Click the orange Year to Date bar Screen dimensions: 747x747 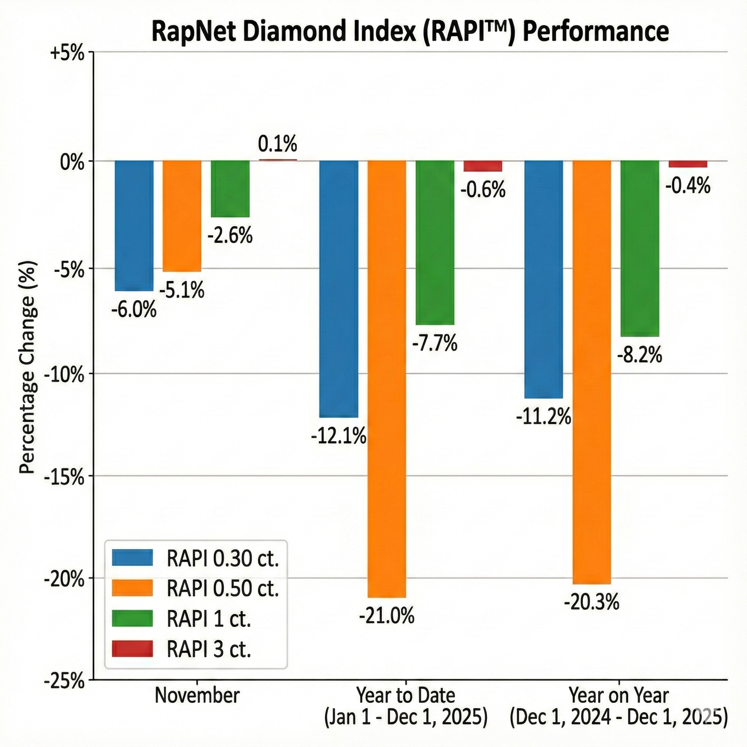click(x=387, y=379)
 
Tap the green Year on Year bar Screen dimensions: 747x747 click(x=640, y=248)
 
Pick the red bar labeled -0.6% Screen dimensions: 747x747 click(x=483, y=166)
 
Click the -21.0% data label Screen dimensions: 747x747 click(x=387, y=616)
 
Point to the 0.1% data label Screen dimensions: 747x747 click(x=277, y=144)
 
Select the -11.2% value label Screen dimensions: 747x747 click(x=543, y=418)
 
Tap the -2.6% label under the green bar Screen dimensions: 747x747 click(x=230, y=236)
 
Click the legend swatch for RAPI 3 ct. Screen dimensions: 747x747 click(x=132, y=649)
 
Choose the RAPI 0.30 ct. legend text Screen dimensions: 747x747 click(x=223, y=559)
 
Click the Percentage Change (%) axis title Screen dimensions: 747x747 click(x=28, y=367)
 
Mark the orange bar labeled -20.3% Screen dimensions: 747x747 click(x=592, y=371)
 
